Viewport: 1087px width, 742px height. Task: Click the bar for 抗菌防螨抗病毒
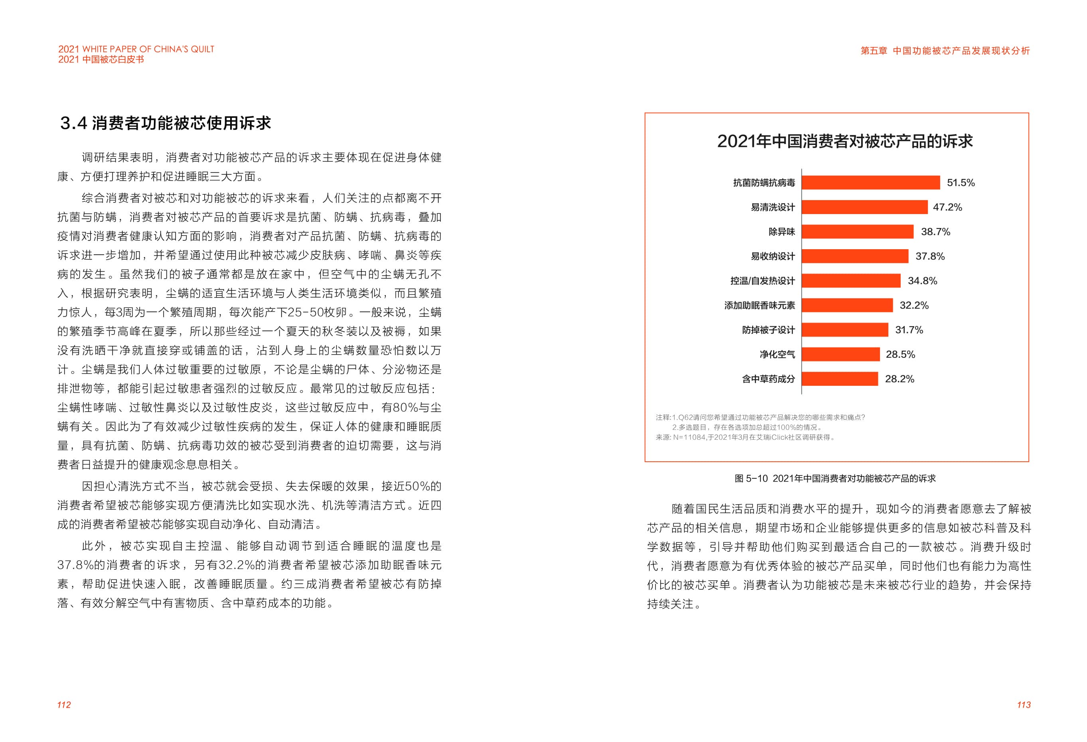(870, 183)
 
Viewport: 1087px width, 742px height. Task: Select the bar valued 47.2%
(864, 207)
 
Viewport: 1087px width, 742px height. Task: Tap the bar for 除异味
(857, 232)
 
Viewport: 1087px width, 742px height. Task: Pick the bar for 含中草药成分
(840, 379)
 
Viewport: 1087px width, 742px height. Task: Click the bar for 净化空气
(840, 354)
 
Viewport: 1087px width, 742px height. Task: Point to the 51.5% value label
(961, 183)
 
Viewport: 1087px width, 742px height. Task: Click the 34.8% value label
(922, 281)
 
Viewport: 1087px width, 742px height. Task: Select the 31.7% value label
(909, 330)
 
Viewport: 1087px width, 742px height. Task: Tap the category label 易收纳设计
(773, 256)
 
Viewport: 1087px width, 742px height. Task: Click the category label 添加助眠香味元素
(760, 305)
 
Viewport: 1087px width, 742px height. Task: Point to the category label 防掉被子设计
(768, 330)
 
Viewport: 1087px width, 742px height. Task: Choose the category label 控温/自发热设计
(762, 281)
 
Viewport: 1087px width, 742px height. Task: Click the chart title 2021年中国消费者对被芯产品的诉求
(845, 141)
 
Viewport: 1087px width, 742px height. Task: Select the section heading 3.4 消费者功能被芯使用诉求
(166, 123)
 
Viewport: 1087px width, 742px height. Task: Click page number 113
(1024, 705)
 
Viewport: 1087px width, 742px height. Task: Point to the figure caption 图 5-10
(835, 478)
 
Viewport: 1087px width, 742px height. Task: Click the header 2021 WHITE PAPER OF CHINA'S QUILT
(136, 49)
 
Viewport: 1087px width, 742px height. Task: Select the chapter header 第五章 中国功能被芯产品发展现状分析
(945, 51)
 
